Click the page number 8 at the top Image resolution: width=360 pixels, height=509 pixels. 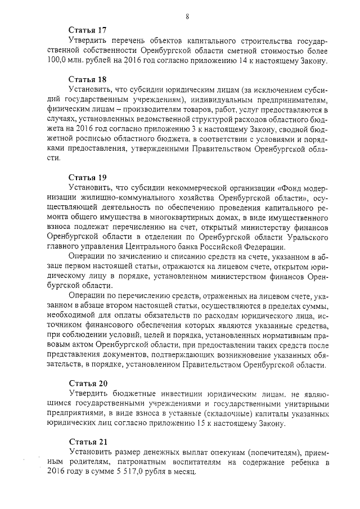click(186, 17)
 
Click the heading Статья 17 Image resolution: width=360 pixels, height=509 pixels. click(88, 30)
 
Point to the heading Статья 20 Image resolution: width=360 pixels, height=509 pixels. click(88, 382)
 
